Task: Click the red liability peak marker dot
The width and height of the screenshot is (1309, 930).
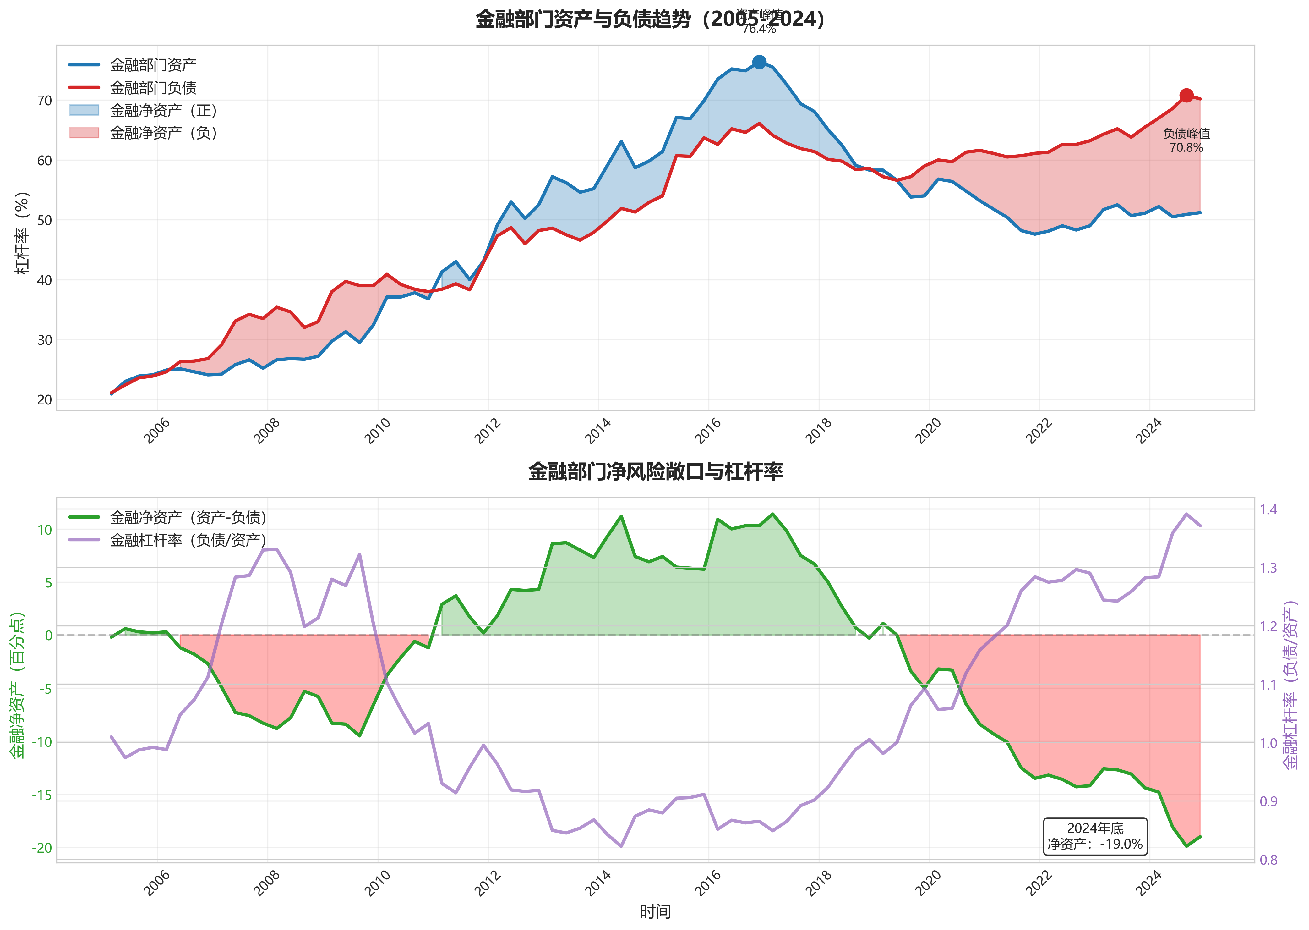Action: (1186, 95)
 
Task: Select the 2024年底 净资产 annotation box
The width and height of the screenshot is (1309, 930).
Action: (1095, 837)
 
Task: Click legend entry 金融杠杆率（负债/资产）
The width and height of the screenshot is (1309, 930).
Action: (188, 540)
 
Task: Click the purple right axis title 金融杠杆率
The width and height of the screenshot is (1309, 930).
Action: (1291, 684)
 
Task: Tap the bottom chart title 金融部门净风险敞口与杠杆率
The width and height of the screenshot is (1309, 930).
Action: (655, 471)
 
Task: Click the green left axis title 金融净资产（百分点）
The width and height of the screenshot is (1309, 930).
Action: (17, 685)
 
